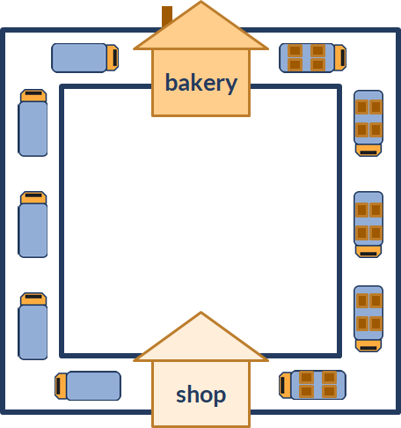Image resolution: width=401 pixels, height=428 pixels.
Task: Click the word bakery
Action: point(201,83)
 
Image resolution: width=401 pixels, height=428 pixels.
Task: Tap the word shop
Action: point(201,395)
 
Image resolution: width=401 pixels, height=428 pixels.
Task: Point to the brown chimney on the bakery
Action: point(166,16)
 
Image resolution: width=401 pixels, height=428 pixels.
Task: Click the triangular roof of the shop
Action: point(200,342)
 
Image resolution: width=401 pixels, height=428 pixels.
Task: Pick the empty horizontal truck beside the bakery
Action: point(85,58)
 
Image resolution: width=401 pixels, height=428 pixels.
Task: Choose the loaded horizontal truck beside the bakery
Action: point(313,58)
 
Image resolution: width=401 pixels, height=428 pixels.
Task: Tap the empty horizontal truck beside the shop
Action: point(88,386)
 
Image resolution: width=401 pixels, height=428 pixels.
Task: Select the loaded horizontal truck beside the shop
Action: point(312,385)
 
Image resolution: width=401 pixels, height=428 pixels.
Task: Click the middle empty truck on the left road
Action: point(33,225)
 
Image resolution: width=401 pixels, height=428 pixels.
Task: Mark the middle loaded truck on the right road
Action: point(368,225)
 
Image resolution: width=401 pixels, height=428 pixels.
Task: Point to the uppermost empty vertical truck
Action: point(33,122)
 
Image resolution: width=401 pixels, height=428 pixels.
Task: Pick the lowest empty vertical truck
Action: point(33,326)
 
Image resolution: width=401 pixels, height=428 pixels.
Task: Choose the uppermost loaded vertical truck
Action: point(368,123)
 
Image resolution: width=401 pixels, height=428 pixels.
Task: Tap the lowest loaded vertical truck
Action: point(368,319)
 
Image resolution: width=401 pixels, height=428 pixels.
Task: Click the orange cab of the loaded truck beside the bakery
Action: point(340,57)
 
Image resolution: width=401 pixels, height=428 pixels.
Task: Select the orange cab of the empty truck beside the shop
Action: point(61,386)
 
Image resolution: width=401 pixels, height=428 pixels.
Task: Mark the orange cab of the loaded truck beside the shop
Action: point(285,385)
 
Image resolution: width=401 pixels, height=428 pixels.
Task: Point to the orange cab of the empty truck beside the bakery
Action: point(113,57)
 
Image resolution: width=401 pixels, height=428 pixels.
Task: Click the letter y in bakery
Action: point(231,85)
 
